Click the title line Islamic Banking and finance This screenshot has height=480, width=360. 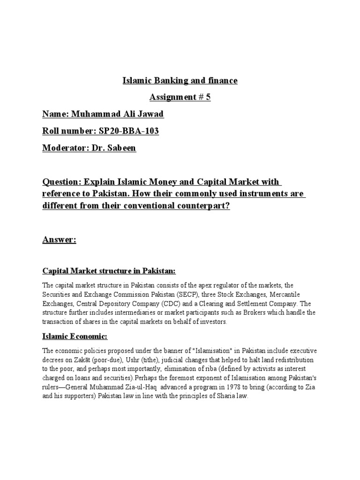pos(180,81)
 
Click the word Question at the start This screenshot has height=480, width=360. pos(60,181)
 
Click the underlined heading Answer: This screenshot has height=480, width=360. pos(59,240)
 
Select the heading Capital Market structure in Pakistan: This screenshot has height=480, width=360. pos(109,271)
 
